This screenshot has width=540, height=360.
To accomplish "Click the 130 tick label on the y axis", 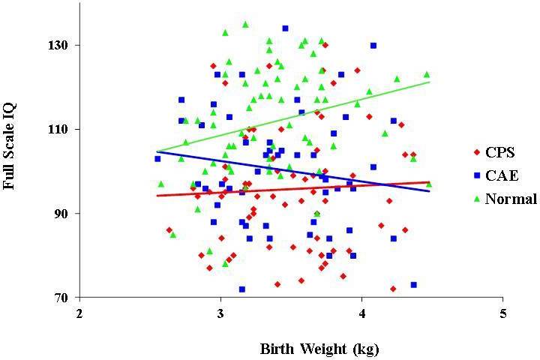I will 58,45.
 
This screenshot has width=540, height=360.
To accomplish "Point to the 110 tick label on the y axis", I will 58,129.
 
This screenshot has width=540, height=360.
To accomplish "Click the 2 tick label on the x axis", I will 79,313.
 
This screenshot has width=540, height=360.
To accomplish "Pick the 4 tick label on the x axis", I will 362,313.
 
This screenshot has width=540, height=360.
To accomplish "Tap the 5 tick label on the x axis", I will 503,313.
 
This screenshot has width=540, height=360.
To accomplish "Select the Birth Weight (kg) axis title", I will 319,349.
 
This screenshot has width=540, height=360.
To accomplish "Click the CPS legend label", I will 500,152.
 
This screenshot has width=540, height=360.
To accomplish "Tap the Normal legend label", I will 511,199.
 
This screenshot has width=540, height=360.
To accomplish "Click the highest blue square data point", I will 285,28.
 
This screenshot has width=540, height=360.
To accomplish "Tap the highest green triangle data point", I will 245,24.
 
